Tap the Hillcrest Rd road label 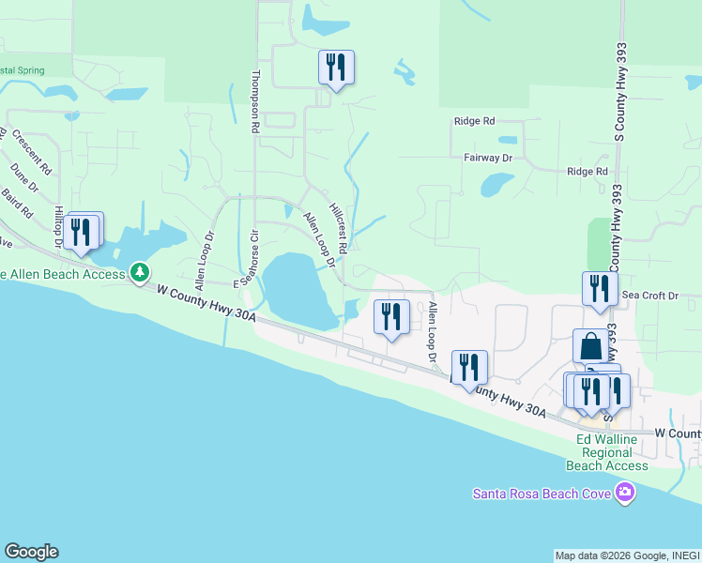[339, 230]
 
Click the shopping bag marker [591, 346]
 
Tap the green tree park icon [140, 272]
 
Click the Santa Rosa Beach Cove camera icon [625, 493]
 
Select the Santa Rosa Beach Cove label [542, 494]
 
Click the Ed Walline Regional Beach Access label [607, 452]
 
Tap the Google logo [31, 552]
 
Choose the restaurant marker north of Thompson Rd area [336, 68]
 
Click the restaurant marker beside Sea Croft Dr [600, 289]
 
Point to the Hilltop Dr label [59, 227]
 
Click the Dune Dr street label [25, 178]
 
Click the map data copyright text [627, 555]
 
